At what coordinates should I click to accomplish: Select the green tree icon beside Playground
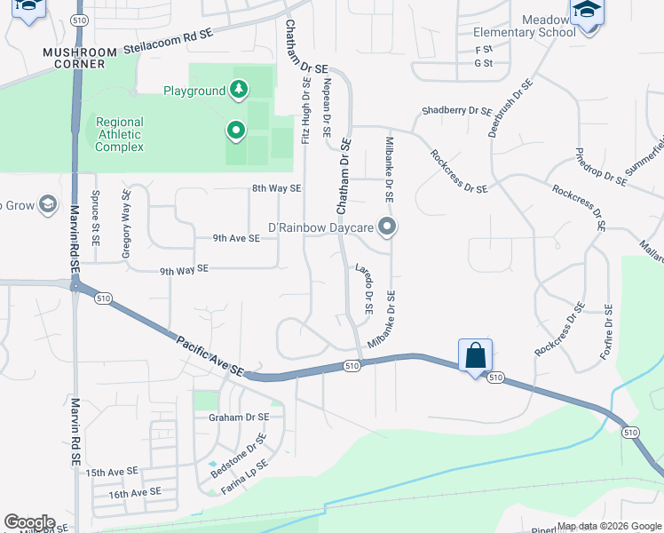click(x=237, y=90)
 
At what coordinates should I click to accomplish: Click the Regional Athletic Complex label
click(x=119, y=134)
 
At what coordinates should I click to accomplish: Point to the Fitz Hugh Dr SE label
click(x=305, y=112)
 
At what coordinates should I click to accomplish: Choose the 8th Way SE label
click(x=276, y=188)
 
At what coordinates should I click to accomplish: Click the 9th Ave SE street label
click(x=236, y=238)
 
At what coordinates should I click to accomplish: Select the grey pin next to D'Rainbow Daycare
click(x=386, y=227)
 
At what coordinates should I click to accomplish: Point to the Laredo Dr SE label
click(x=364, y=289)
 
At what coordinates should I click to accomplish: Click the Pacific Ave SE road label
click(x=210, y=354)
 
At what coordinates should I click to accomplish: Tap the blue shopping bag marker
click(x=476, y=356)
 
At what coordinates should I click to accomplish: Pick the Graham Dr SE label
click(x=238, y=417)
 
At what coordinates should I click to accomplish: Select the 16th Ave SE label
click(x=134, y=491)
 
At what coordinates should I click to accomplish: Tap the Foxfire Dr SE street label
click(x=608, y=330)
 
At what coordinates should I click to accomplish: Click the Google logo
click(x=29, y=522)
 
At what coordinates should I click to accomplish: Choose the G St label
click(x=483, y=63)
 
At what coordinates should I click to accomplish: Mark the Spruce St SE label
click(x=95, y=218)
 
